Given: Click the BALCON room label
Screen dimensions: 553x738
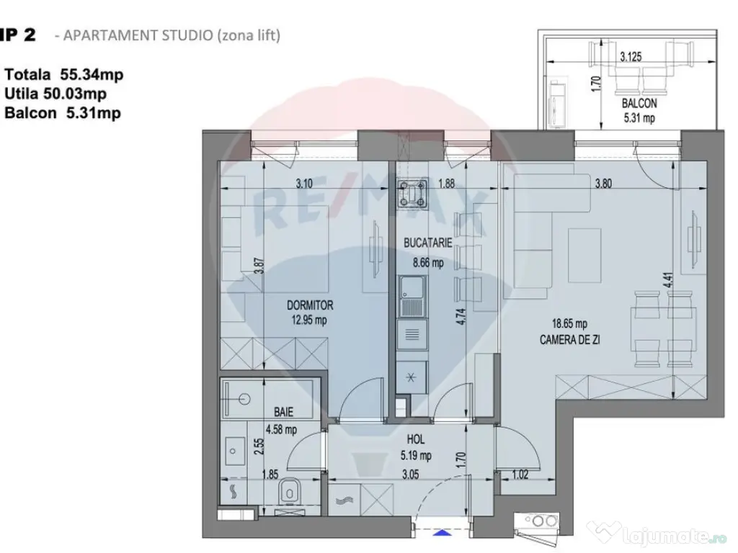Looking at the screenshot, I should [639, 104].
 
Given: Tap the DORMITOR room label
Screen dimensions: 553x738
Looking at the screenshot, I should [310, 306].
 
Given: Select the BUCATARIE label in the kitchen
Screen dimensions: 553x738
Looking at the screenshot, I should [428, 244].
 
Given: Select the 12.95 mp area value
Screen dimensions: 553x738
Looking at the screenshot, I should [310, 320].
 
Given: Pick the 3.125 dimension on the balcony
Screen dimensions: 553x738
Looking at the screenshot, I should [631, 55].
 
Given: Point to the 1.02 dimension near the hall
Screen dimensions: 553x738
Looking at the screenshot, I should [520, 474].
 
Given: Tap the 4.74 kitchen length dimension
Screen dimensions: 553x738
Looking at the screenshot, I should [461, 318].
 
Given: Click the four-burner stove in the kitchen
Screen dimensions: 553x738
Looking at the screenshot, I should [414, 192].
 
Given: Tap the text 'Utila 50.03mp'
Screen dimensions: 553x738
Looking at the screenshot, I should [55, 94].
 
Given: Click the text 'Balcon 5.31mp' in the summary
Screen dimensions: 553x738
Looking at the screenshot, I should [62, 112].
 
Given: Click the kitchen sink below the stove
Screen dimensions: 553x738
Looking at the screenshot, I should [413, 298].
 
